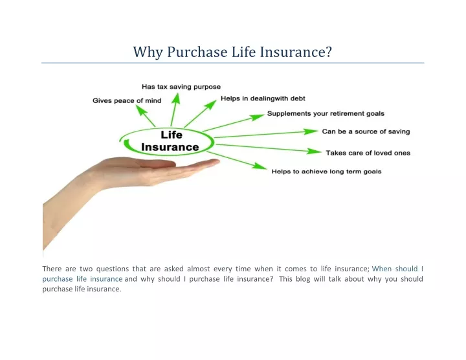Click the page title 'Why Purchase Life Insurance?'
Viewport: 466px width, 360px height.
[x=232, y=52]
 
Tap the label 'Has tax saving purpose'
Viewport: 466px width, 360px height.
[x=181, y=87]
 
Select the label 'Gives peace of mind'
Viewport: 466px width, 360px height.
[x=127, y=100]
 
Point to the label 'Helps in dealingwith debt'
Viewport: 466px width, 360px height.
[x=263, y=98]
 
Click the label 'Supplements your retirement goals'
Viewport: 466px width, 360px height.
[x=326, y=113]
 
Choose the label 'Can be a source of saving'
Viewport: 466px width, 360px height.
[x=366, y=131]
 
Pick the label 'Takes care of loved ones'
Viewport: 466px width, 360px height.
[x=368, y=153]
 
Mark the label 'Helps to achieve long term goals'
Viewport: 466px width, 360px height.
[x=326, y=172]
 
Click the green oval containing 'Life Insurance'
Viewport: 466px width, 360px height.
[x=166, y=128]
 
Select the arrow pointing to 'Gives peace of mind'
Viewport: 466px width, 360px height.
[x=146, y=116]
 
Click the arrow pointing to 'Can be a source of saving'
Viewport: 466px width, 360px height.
[x=266, y=134]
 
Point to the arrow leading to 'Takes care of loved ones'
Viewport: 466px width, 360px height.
[x=269, y=148]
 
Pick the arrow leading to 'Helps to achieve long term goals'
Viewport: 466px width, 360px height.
[x=237, y=161]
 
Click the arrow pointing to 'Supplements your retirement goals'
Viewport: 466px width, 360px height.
[x=234, y=122]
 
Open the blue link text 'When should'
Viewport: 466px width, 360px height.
[x=395, y=269]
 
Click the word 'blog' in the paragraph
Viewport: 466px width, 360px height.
[x=302, y=279]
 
